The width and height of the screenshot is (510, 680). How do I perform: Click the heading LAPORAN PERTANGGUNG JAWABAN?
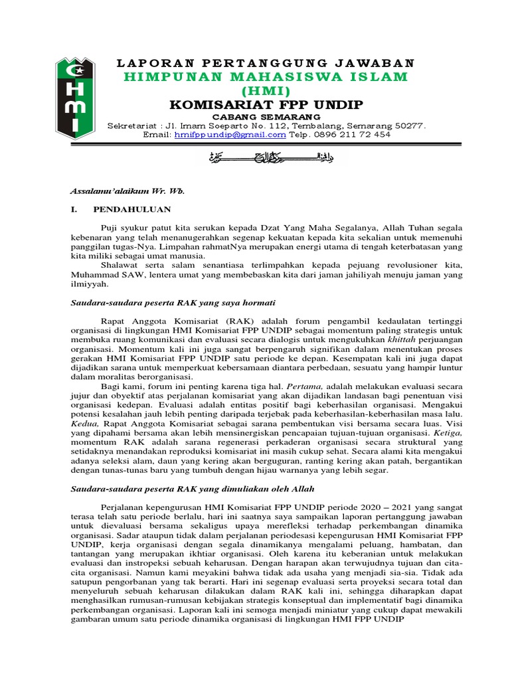(266, 63)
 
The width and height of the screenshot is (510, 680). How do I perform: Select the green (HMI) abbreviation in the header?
(266, 91)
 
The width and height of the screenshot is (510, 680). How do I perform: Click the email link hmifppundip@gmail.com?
(230, 134)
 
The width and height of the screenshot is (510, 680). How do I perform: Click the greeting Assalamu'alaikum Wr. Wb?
(127, 191)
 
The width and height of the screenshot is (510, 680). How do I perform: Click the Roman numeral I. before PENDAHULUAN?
(74, 210)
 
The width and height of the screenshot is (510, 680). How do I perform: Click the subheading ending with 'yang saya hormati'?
(173, 302)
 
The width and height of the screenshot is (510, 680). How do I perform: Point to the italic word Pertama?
(304, 385)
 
